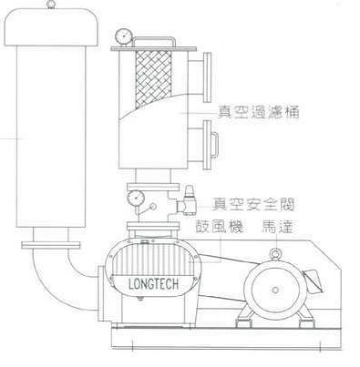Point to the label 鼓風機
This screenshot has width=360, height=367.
[209, 224]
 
